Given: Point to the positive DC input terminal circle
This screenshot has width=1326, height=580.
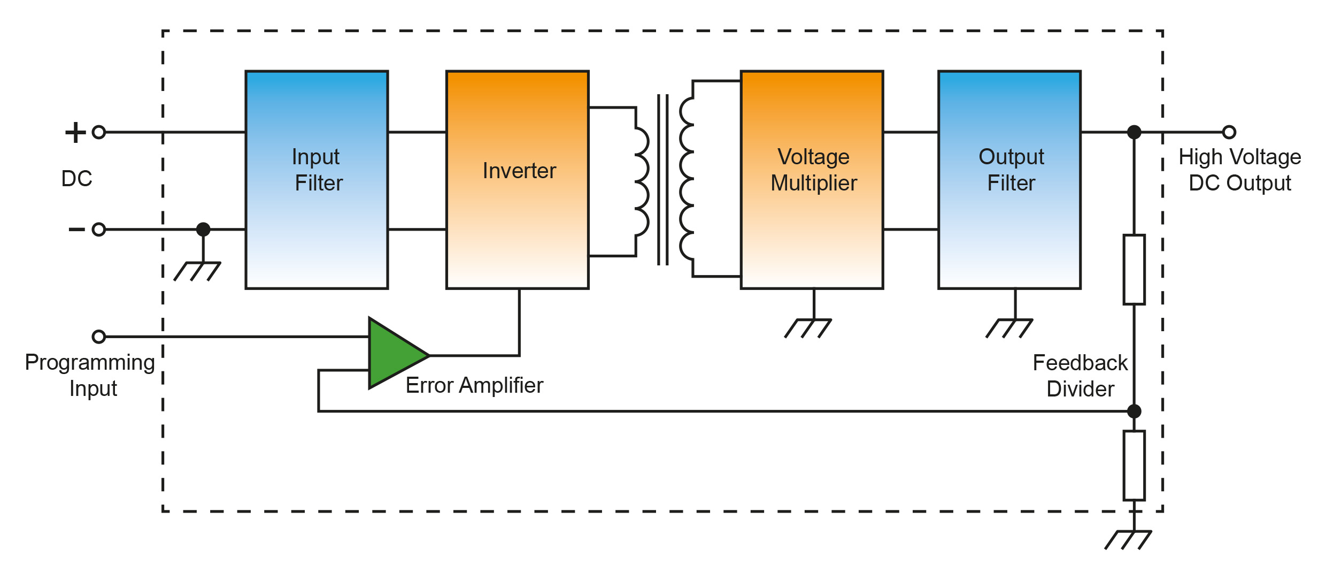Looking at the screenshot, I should [x=99, y=132].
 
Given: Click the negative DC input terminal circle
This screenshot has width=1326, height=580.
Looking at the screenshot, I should [x=99, y=230].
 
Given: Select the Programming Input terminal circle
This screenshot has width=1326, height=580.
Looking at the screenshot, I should [x=99, y=337].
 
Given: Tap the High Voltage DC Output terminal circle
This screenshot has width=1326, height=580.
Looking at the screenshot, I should [x=1229, y=132].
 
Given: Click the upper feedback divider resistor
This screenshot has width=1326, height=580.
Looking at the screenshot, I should [x=1134, y=270].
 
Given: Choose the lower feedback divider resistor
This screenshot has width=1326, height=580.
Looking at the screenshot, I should [x=1134, y=465].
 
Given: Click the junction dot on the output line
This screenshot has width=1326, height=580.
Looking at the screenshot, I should [x=1134, y=132].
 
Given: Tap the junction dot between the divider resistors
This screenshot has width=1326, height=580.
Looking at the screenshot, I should [x=1134, y=411].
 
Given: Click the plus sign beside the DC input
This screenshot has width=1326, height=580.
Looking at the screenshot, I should [x=75, y=132].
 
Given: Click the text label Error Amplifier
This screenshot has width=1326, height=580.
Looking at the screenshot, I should [x=474, y=385].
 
